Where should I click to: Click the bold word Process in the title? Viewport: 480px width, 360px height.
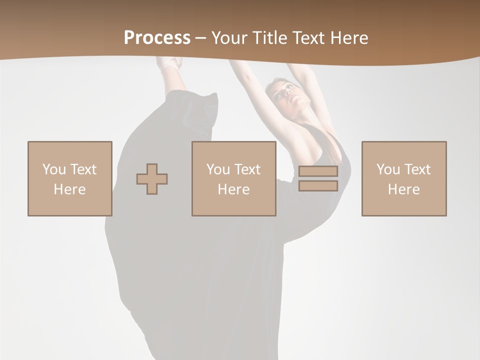(157, 38)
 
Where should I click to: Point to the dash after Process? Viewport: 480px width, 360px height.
(201, 38)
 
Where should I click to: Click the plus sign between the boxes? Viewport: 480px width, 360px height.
(152, 179)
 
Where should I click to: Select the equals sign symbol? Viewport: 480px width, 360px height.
(318, 178)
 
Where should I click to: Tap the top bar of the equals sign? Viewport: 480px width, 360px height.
(318, 171)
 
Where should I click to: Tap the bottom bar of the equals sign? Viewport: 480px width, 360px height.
(318, 186)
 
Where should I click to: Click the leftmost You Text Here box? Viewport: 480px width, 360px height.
(69, 178)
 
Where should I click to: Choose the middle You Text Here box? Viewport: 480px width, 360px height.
(233, 178)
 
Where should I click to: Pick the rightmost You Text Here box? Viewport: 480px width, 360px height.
(403, 178)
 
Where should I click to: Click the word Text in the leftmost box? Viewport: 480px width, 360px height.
(83, 169)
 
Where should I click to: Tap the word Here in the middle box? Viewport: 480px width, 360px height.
(233, 189)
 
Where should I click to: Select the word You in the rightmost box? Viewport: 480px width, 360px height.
(388, 169)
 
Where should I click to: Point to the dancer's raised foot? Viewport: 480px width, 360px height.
(170, 63)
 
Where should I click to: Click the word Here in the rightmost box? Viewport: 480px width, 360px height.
(403, 189)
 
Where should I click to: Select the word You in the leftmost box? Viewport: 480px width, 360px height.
(54, 169)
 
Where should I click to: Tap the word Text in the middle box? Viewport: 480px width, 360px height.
(247, 169)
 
